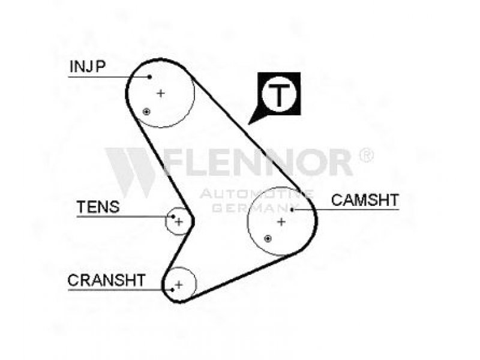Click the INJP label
pos(88,67)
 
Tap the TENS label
pos(98,208)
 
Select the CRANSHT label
pos(106,280)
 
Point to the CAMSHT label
pos(365,200)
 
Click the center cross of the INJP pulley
pos(160,93)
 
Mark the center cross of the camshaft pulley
pos(281,221)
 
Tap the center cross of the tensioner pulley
pos(179,221)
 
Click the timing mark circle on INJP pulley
pos(146,112)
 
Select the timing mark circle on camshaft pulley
pos(268,239)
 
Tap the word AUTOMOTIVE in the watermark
pos(256,194)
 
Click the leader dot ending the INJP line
pos(149,76)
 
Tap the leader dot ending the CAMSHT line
pos(292,209)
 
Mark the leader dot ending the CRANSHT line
pos(172,289)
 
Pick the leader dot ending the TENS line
pos(173,216)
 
